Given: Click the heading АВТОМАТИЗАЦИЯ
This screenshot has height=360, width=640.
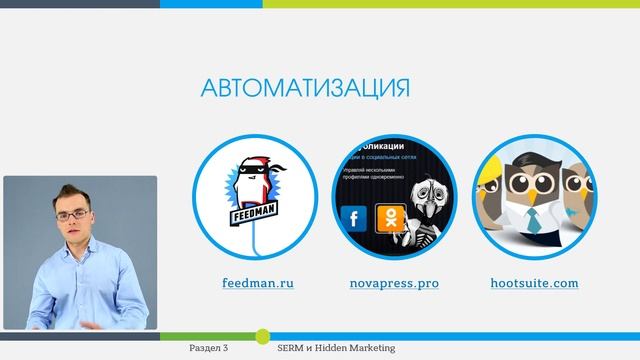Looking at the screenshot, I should point(306,89).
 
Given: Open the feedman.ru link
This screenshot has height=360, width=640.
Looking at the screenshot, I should point(258,283).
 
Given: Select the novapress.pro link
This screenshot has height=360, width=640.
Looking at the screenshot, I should point(394,283).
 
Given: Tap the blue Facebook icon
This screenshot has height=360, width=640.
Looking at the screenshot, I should point(353,218).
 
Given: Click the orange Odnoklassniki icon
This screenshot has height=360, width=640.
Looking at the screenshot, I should point(387,217).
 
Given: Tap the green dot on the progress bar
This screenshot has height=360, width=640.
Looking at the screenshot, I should point(262,335).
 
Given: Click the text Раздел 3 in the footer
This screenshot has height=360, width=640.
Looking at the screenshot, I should point(209,349).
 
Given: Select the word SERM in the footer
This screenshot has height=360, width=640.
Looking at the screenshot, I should point(293,349).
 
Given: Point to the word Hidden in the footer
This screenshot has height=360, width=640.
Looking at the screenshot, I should point(330,349).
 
